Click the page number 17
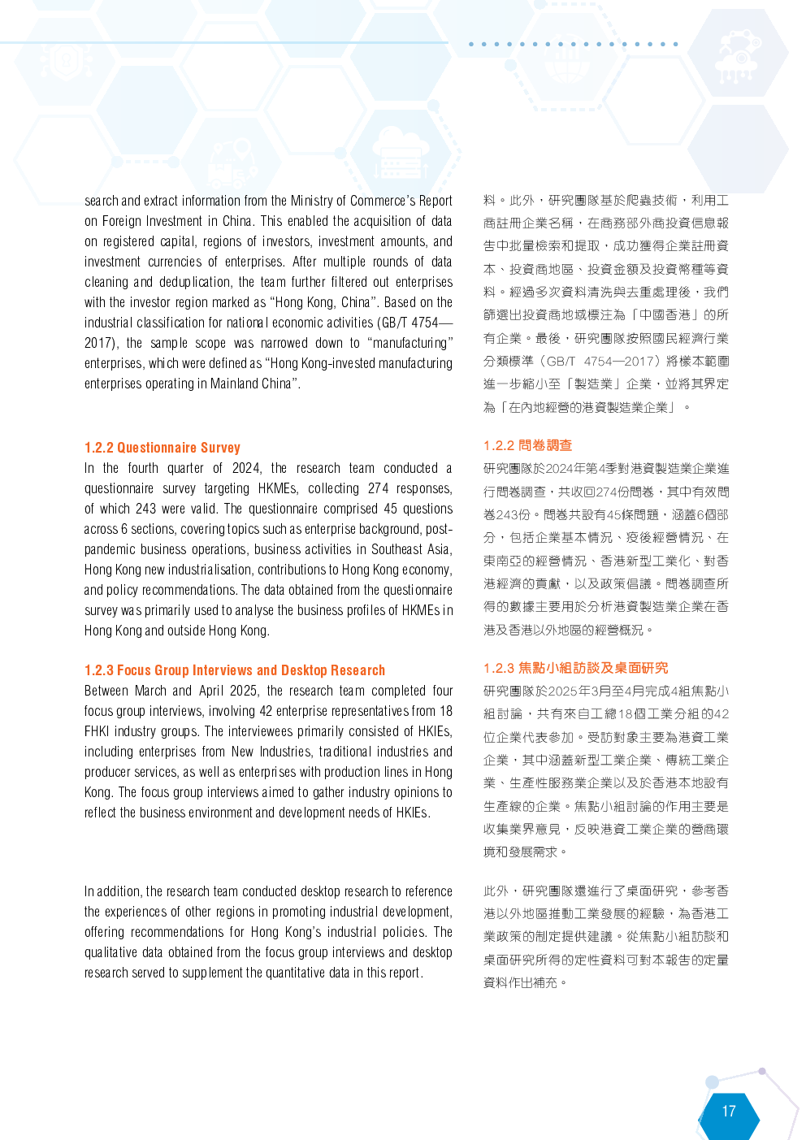tap(729, 1111)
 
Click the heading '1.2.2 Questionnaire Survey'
tap(162, 448)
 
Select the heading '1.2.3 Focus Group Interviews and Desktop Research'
tap(235, 670)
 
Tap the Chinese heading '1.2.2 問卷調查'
tap(527, 446)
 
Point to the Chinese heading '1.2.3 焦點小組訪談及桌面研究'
tap(575, 668)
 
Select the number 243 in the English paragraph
tap(146, 509)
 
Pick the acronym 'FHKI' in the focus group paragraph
tap(96, 732)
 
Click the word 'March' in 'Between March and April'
tap(150, 691)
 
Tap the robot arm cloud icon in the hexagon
tap(739, 56)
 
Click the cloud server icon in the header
tap(401, 154)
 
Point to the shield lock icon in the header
tap(66, 62)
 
